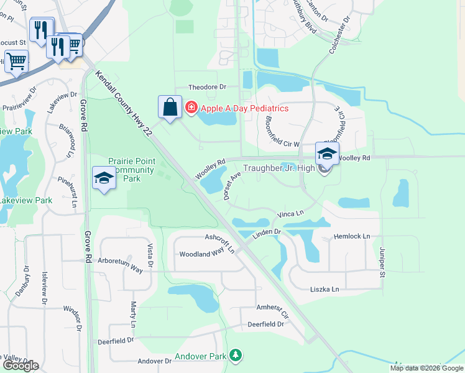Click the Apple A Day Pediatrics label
pyautogui.click(x=244, y=108)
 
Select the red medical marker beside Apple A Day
pyautogui.click(x=191, y=108)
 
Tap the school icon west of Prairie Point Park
pyautogui.click(x=104, y=179)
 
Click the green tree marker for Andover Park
pyautogui.click(x=235, y=355)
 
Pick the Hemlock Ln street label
pyautogui.click(x=352, y=236)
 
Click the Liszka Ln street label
pyautogui.click(x=325, y=290)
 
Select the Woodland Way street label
pyautogui.click(x=201, y=254)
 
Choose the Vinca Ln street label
pyautogui.click(x=290, y=214)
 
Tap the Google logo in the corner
pyautogui.click(x=20, y=366)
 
